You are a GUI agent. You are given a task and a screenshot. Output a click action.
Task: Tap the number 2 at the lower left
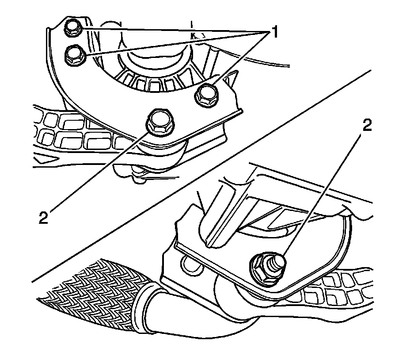point(42,218)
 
